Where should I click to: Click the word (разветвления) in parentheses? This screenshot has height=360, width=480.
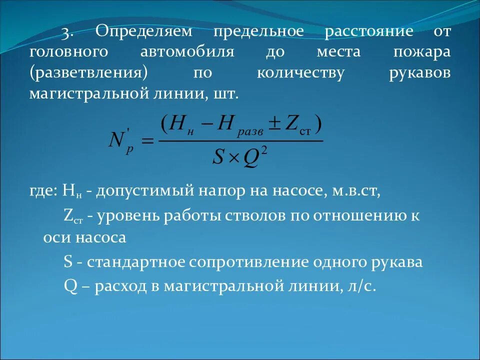point(88,72)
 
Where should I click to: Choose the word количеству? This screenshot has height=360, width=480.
point(300,72)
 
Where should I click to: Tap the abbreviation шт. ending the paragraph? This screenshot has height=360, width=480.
point(228,93)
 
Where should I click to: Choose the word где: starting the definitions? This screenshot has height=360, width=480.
point(44,191)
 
